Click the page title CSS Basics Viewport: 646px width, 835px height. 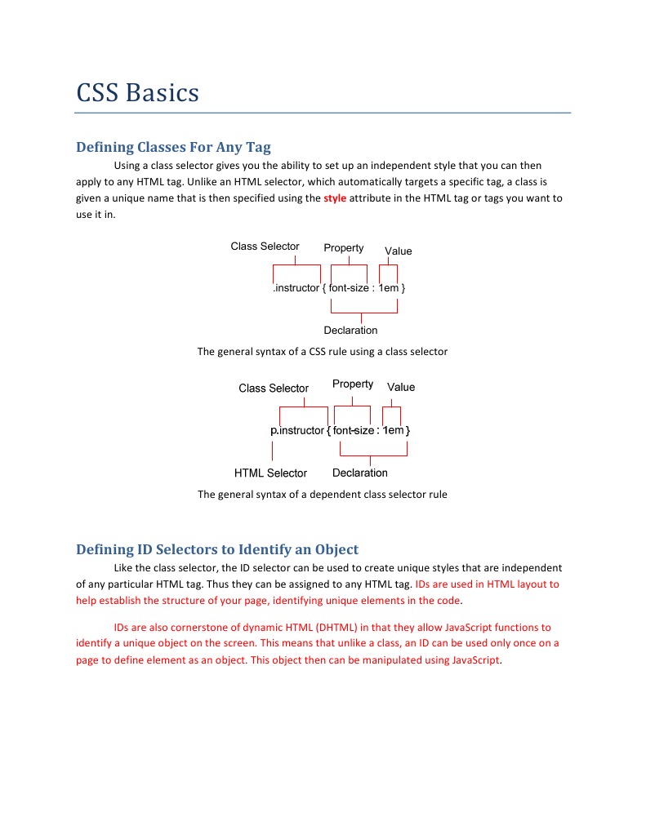coord(137,92)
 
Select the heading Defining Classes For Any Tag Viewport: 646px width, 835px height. coord(173,147)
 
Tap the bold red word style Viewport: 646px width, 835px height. coord(335,198)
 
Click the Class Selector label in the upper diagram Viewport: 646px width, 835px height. coord(265,247)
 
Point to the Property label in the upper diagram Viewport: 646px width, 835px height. coord(344,248)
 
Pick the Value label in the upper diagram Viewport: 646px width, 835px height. coord(399,251)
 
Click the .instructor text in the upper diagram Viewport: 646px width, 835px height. coord(296,288)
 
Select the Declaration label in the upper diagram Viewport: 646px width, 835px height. coord(350,331)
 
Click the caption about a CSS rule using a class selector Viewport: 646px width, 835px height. coord(323,352)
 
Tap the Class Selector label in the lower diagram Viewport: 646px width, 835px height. coord(274,389)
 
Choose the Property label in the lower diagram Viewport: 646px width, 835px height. coord(353,384)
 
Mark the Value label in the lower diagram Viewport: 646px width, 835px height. coord(401,388)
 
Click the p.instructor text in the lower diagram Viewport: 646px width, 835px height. coord(297,430)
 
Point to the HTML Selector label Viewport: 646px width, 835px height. coord(270,473)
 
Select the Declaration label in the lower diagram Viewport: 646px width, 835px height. coord(360,473)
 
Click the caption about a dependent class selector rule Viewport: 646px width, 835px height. coord(323,495)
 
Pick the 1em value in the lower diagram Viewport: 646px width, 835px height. coord(394,430)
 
